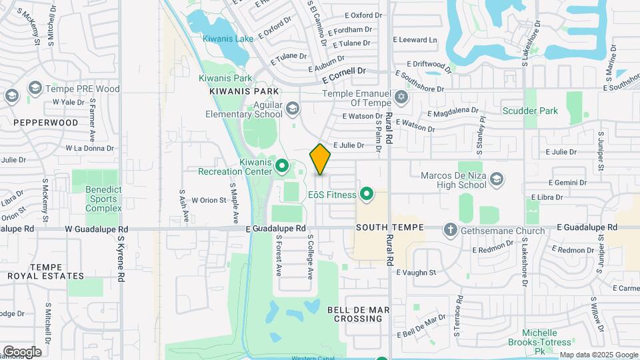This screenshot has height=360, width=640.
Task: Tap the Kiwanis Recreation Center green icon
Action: pos(281,165)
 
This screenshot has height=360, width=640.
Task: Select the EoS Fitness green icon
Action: pos(366,195)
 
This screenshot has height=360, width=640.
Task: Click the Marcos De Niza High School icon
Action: pos(496,179)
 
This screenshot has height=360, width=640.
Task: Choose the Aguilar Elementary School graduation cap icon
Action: pos(292,109)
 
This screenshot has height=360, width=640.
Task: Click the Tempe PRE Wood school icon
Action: pos(35,89)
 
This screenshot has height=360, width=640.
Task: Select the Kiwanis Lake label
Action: pos(228,39)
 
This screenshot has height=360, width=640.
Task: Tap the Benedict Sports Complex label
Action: pos(103,199)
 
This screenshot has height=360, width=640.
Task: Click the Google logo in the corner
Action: pos(22,351)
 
